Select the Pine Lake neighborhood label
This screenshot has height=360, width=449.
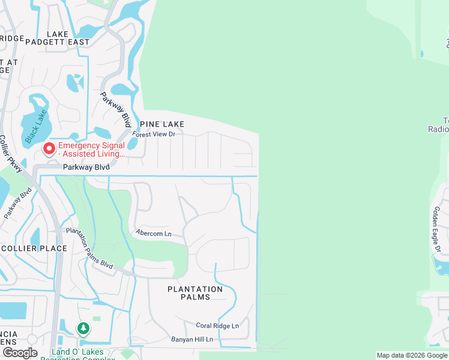point(161,124)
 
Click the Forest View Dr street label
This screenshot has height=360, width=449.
point(154,134)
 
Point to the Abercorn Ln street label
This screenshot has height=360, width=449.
point(154,233)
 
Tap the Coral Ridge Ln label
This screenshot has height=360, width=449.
point(217,326)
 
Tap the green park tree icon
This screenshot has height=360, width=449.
point(83,328)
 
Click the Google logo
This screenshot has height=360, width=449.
point(20,353)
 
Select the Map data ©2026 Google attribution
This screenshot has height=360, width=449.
point(412,355)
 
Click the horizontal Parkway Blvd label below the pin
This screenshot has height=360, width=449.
point(85,167)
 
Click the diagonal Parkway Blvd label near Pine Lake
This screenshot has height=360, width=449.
point(116,109)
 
